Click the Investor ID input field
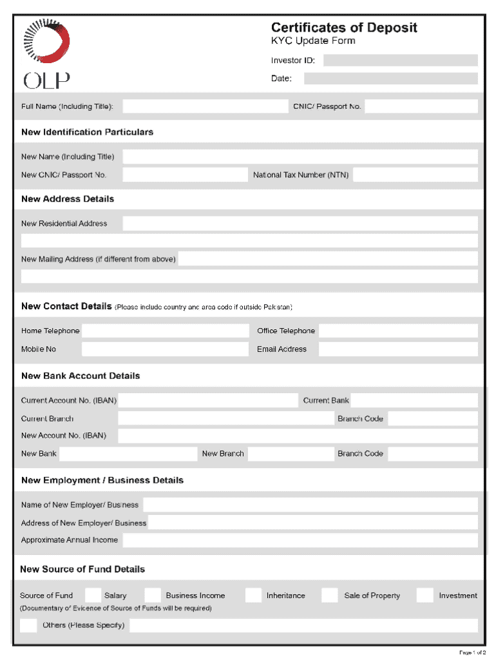coord(400,61)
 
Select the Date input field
coord(390,79)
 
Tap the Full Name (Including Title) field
coord(204,106)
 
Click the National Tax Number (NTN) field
coord(415,175)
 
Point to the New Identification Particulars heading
coord(87,132)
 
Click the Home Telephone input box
coord(165,331)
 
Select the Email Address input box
coord(398,349)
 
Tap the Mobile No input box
coord(165,349)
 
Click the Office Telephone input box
coord(398,331)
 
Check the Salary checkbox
coord(93,596)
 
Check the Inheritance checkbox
coord(254,596)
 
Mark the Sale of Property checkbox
coord(330,596)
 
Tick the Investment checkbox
coord(424,596)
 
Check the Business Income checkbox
coord(153,596)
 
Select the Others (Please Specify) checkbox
coord(28,625)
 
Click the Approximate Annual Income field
coord(300,540)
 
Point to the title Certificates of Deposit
coord(344,28)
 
